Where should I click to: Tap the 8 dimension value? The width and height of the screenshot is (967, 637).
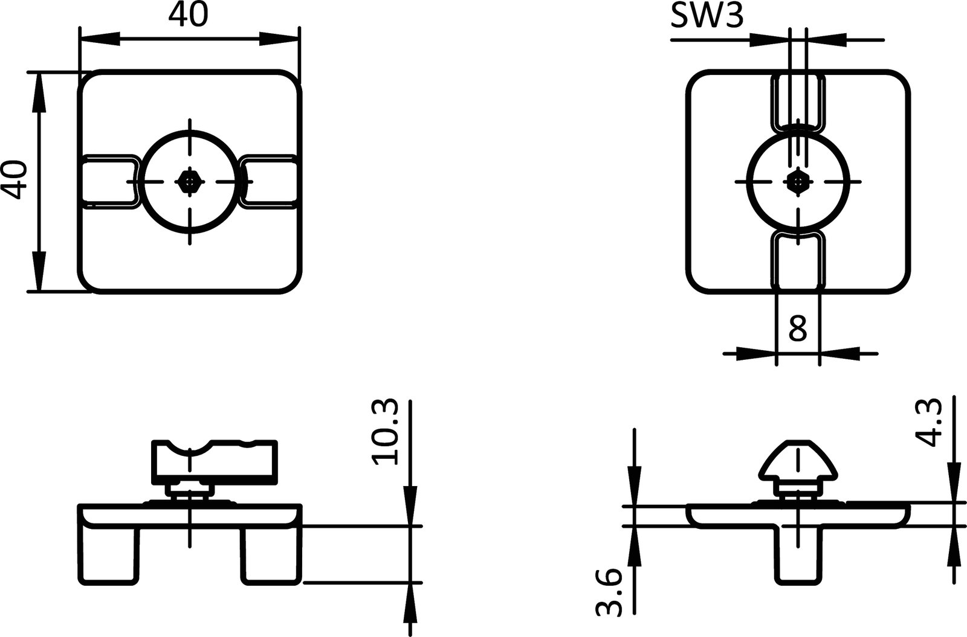[798, 329]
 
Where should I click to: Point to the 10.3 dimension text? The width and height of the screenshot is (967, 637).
[386, 432]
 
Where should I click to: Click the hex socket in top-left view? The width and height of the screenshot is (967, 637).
[190, 181]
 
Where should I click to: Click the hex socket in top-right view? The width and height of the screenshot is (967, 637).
[798, 181]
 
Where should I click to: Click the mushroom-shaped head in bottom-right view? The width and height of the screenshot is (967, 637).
[798, 460]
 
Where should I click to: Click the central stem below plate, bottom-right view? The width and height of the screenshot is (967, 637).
[798, 555]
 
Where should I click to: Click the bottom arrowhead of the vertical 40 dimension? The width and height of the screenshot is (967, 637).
[38, 272]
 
